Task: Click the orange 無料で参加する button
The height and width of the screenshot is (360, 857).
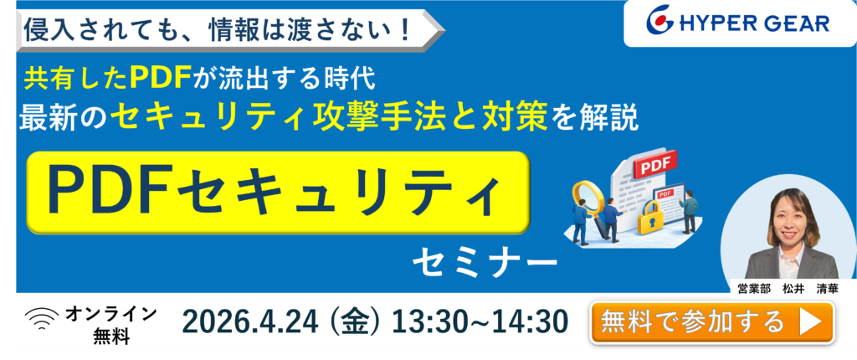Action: [711, 322]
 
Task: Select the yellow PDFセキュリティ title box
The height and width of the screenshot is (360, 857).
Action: [278, 193]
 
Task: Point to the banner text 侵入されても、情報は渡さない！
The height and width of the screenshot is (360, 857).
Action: [218, 30]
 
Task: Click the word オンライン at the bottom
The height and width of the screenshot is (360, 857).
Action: [111, 314]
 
